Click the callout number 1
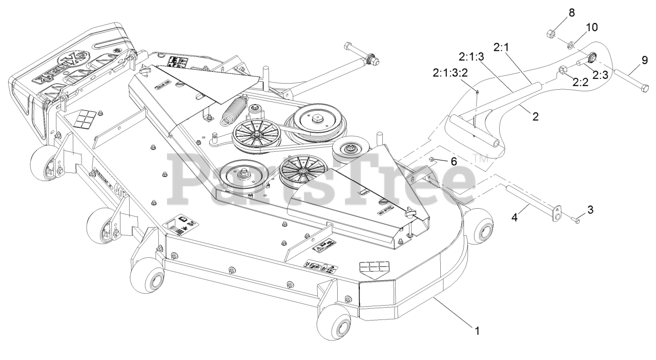(x=477, y=331)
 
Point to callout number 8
(x=558, y=12)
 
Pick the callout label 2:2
(x=580, y=81)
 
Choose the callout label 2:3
(x=600, y=75)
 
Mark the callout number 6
(x=453, y=161)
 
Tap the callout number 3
(x=590, y=209)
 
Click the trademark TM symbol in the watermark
(x=480, y=160)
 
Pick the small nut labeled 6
(x=433, y=159)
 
